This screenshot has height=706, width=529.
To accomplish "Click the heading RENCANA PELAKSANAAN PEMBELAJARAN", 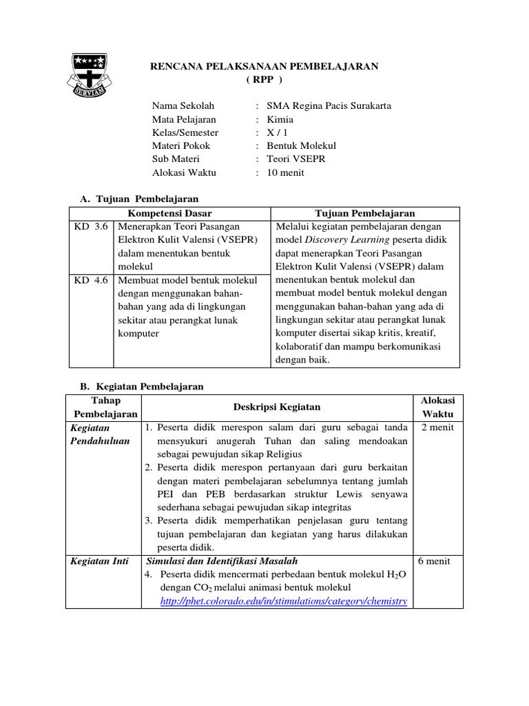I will click(264, 66).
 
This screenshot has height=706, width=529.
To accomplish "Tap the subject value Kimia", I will click(280, 119).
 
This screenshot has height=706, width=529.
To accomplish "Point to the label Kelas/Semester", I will click(185, 132).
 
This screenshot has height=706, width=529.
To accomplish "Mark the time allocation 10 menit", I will click(286, 172).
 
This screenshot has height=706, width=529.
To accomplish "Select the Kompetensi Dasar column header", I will click(170, 213).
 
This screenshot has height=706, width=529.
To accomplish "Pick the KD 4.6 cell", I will click(91, 280).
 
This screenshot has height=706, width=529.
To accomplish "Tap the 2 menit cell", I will click(437, 427).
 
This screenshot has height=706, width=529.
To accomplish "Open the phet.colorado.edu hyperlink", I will click(282, 601).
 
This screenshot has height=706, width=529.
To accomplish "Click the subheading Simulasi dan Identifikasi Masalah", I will click(222, 561).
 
